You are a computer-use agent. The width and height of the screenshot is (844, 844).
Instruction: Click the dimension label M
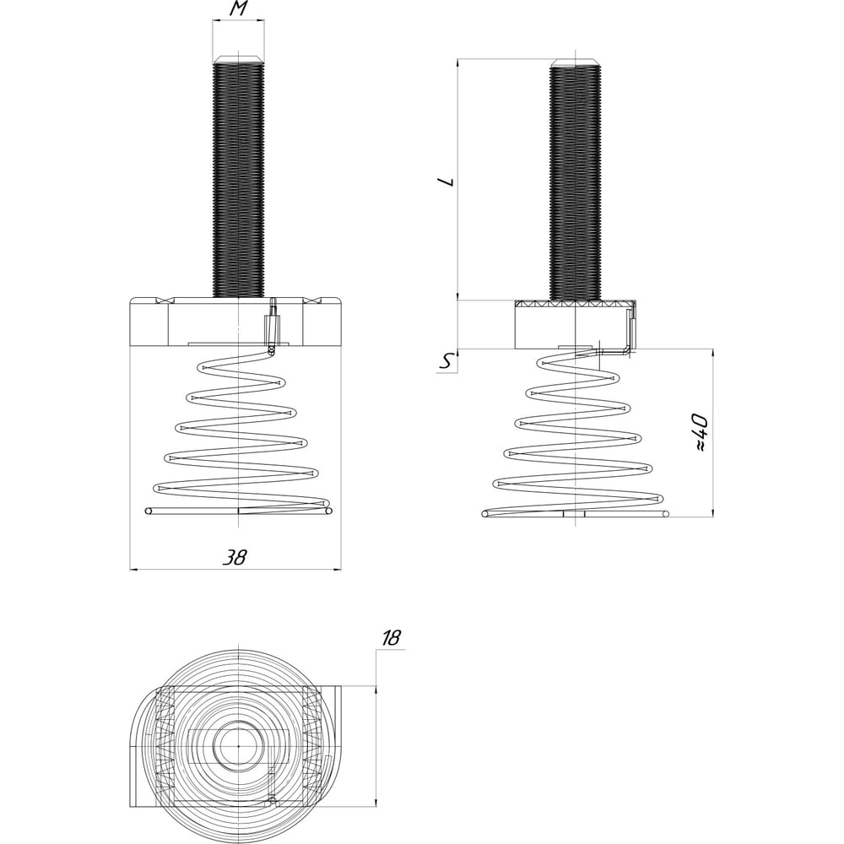click(239, 9)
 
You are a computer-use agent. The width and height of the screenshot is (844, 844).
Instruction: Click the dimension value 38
click(235, 556)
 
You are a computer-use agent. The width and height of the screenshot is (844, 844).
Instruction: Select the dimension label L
click(446, 181)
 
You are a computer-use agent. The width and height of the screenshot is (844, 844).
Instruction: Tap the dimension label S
click(446, 363)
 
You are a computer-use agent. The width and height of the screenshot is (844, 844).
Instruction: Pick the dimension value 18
click(392, 638)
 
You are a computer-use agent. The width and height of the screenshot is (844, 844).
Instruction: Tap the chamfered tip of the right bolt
click(576, 62)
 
